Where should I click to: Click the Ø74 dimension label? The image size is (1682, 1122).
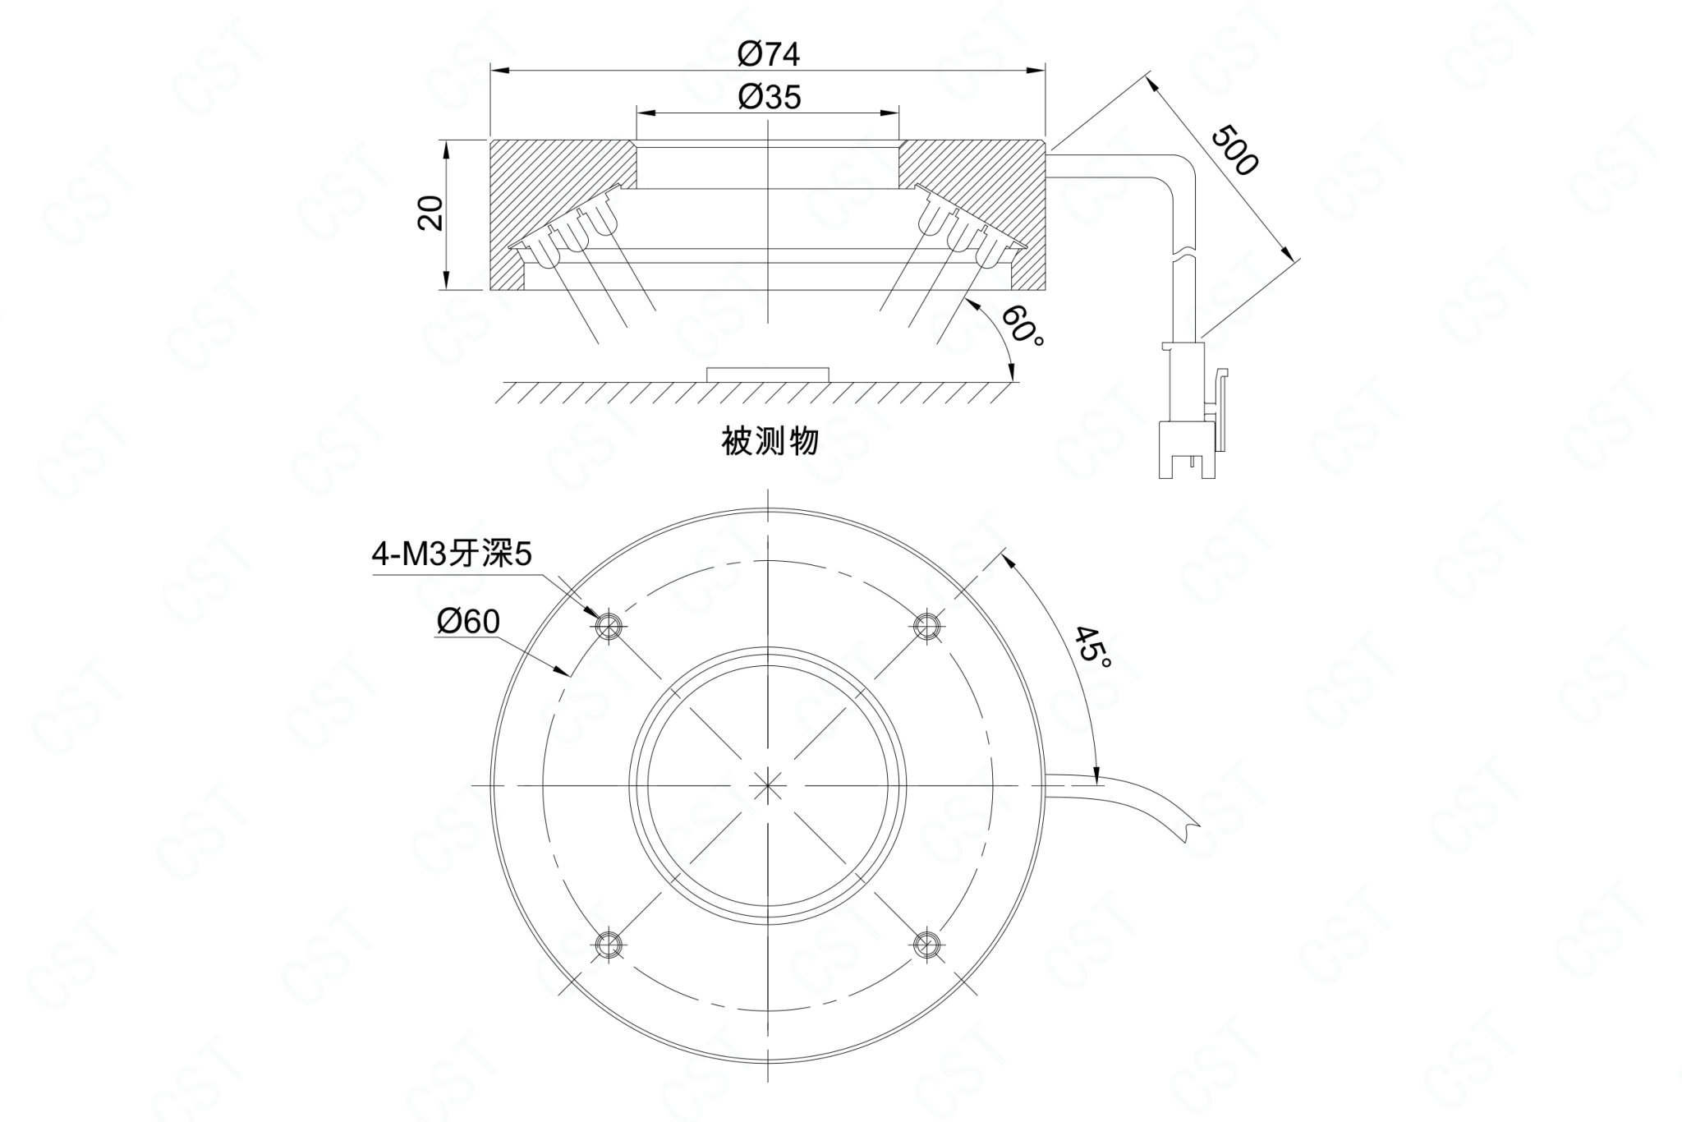(x=768, y=54)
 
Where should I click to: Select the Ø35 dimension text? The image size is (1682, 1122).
(x=768, y=98)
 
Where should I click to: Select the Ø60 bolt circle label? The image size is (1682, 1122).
(x=468, y=623)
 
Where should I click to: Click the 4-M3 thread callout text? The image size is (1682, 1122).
(x=453, y=556)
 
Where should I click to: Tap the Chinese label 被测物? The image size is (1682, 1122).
(x=770, y=441)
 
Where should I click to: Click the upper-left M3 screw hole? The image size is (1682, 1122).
(x=609, y=627)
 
